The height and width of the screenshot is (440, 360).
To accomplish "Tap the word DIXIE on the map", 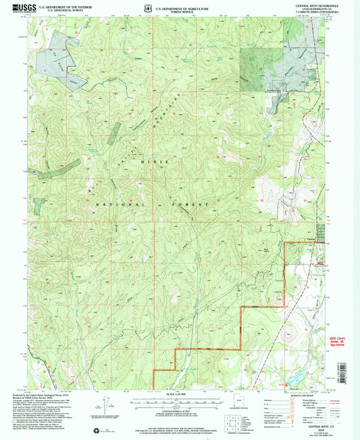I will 167,162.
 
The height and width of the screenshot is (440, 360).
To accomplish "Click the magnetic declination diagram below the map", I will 105,408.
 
